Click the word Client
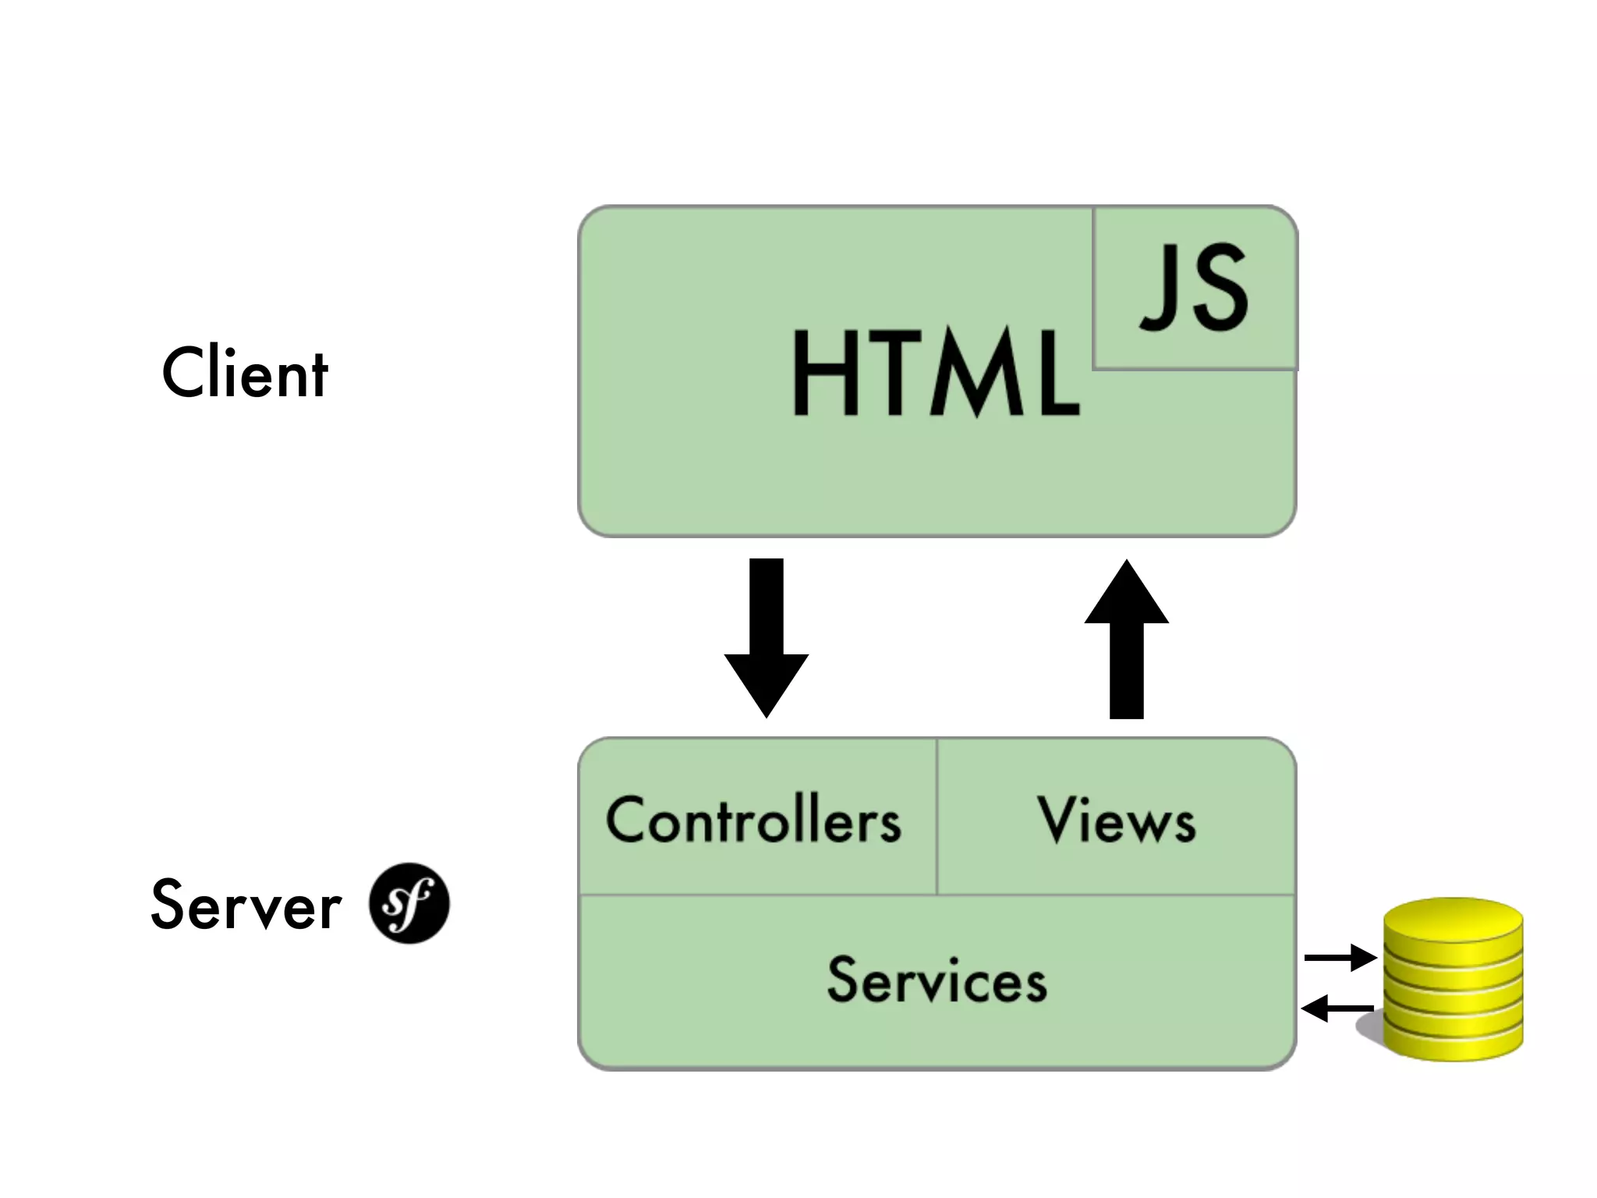[x=245, y=373]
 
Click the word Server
[x=246, y=905]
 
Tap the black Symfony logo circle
[x=409, y=903]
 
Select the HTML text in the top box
[x=936, y=373]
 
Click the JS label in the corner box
[x=1195, y=287]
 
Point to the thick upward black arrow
[x=1127, y=640]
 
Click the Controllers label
[x=753, y=821]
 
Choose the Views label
[x=1117, y=821]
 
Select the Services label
[x=937, y=980]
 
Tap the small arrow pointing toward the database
[x=1340, y=957]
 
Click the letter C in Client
[x=181, y=373]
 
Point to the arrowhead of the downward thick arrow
[x=767, y=683]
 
